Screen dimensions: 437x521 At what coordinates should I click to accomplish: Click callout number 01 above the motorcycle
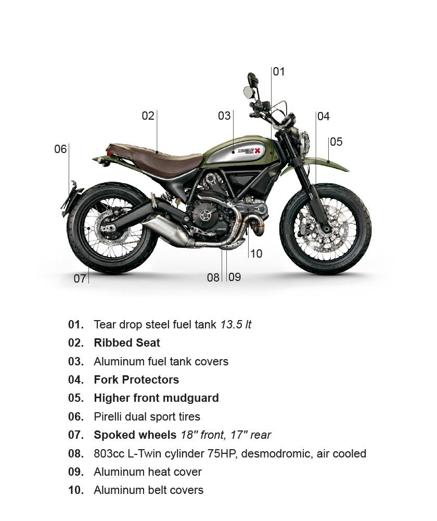click(x=279, y=71)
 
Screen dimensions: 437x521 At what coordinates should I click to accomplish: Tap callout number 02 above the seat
click(x=148, y=116)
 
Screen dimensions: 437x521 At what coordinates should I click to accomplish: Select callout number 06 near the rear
click(x=60, y=149)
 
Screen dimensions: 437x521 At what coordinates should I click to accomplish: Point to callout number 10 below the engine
click(x=256, y=253)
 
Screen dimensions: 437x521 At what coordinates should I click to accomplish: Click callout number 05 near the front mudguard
click(x=336, y=142)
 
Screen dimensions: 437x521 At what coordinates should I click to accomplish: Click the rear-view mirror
click(x=248, y=91)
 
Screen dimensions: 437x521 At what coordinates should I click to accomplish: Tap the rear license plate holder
click(x=70, y=198)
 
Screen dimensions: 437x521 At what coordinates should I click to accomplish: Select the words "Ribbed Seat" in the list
click(x=127, y=343)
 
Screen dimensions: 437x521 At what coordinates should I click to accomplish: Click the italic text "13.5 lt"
click(x=236, y=325)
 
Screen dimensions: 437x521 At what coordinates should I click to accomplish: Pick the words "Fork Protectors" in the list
click(x=136, y=380)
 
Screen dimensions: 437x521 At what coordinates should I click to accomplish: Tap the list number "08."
click(x=76, y=453)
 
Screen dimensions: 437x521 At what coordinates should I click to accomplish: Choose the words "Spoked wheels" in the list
click(x=135, y=435)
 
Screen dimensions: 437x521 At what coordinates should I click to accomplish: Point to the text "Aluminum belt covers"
click(x=149, y=490)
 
